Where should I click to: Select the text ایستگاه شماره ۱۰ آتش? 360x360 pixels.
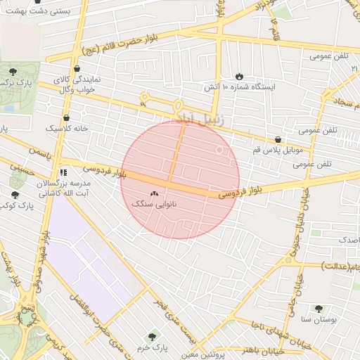(x=240, y=86)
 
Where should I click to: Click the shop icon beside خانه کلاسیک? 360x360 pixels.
(x=66, y=117)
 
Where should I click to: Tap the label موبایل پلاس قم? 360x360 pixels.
(x=279, y=151)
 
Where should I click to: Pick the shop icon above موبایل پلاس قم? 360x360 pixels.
(x=279, y=140)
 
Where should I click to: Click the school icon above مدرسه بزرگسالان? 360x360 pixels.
(x=63, y=172)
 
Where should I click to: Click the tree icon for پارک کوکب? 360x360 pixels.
(x=15, y=194)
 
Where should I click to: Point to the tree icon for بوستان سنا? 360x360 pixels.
(x=319, y=308)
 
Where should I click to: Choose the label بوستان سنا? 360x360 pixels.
(x=316, y=319)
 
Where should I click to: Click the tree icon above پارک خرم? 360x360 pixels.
(x=152, y=337)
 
